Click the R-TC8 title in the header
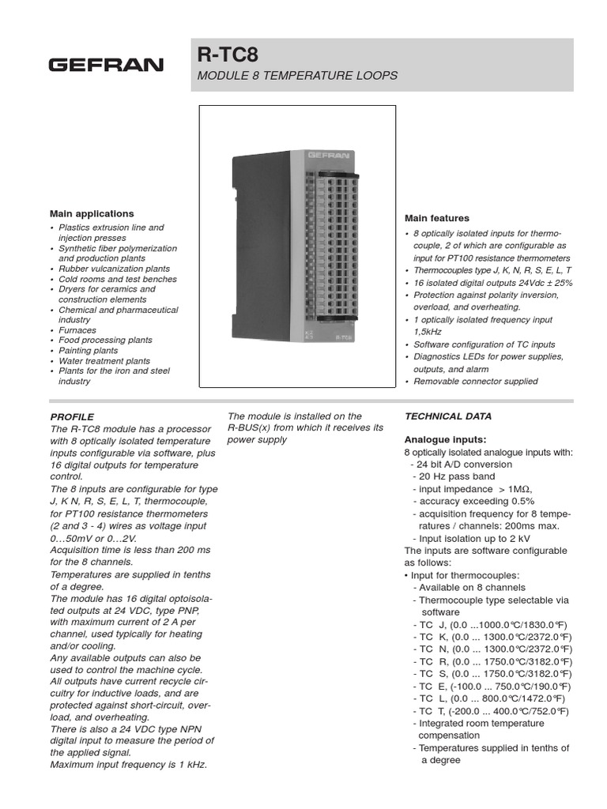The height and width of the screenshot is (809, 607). coord(228,55)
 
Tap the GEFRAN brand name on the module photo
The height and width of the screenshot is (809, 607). coord(324,156)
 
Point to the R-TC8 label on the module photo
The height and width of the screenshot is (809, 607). coord(342,336)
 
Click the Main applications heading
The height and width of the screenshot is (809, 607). coord(92,213)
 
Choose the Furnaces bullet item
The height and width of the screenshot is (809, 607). coord(77,330)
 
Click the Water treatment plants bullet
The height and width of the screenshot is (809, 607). coord(104,361)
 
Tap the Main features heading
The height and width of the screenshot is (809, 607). coord(437,218)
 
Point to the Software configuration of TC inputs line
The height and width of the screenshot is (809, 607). coord(484,344)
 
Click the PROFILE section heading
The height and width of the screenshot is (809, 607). coord(72,416)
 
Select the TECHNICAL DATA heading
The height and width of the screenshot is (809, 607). coord(448,416)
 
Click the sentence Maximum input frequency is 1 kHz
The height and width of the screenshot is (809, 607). coord(129,765)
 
